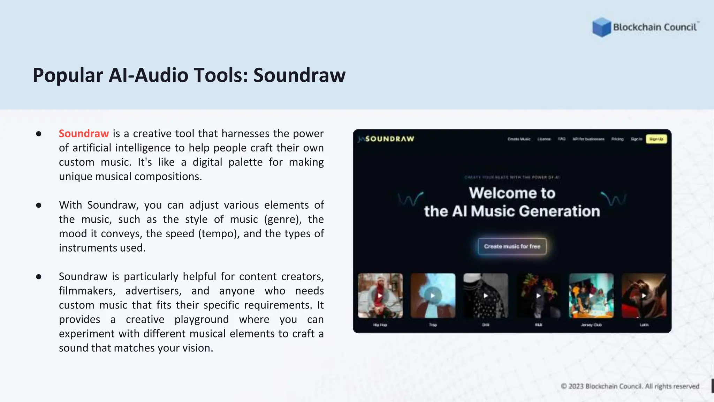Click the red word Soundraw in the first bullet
[84, 134]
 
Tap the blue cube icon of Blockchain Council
[601, 27]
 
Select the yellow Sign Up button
[656, 139]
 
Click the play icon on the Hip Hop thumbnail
[380, 296]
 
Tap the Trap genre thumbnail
[433, 296]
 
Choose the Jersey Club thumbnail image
[591, 296]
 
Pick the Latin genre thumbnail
[644, 296]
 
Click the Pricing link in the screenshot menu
[617, 139]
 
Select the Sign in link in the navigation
[636, 139]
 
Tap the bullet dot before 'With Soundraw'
[39, 205]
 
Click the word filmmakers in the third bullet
[87, 291]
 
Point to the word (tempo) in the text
[219, 233]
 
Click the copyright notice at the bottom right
[630, 386]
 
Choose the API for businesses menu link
[588, 139]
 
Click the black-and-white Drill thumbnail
[486, 296]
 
